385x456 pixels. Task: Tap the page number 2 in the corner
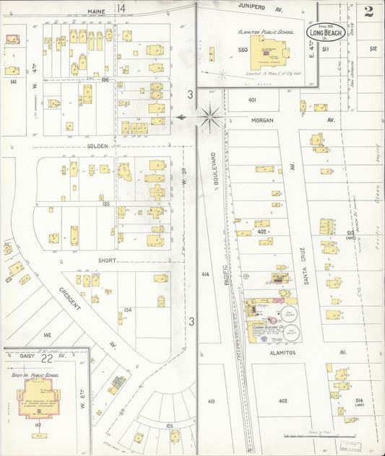[369, 11]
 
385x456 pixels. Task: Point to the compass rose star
[209, 115]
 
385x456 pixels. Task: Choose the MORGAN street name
[264, 120]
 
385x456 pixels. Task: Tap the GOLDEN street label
[98, 146]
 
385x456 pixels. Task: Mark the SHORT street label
[108, 260]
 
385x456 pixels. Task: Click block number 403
[282, 400]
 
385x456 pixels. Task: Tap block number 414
[205, 274]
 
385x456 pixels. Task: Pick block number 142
[47, 336]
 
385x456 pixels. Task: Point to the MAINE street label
[97, 12]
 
